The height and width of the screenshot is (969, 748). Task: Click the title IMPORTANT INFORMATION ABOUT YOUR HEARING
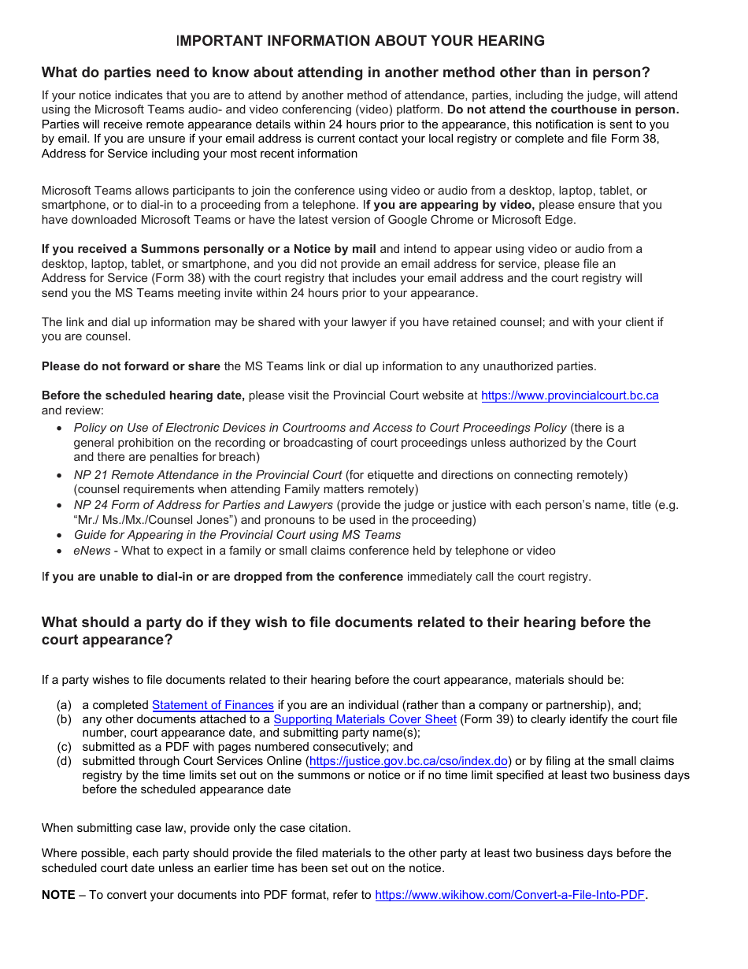coord(361,41)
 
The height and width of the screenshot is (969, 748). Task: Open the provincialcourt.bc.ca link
coord(569,395)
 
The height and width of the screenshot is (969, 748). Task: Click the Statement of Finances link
coord(213,705)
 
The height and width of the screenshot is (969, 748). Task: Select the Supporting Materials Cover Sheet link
coord(365,719)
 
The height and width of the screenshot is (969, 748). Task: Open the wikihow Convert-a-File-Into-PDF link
coord(509,895)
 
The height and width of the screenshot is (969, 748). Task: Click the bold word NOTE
coord(58,895)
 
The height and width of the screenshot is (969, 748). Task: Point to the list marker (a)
coord(64,705)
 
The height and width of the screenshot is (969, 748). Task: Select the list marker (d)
coord(64,761)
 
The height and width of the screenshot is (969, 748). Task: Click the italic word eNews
coord(92,551)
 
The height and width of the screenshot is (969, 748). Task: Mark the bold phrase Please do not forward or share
coord(131,366)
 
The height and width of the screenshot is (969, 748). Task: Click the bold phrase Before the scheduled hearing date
coord(143,395)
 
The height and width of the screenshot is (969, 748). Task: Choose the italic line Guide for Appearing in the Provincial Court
coord(237,535)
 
